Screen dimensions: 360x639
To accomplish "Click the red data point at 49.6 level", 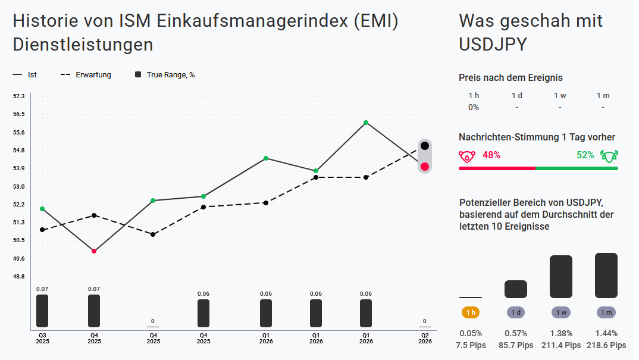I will click(x=94, y=251).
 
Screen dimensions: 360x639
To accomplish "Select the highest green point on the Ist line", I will click(x=366, y=123).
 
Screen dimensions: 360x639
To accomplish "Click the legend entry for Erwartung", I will click(x=86, y=75).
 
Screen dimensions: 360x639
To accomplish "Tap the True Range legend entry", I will click(x=165, y=75).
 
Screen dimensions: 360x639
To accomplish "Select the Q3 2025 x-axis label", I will click(x=42, y=339).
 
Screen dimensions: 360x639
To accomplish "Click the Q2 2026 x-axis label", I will click(x=425, y=339).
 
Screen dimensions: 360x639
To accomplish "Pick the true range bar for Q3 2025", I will click(x=42, y=311).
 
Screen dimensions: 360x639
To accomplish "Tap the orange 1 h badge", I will click(x=471, y=312).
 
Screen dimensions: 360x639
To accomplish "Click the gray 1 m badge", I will click(x=606, y=312).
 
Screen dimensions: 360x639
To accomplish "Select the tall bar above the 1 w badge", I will click(x=560, y=277).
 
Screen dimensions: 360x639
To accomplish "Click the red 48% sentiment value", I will click(x=491, y=155).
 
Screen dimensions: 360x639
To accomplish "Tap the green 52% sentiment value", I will click(x=585, y=155).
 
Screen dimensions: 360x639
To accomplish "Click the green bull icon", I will click(x=609, y=156).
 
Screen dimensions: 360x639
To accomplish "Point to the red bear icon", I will click(x=467, y=156).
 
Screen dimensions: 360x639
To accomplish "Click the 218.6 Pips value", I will click(x=606, y=345).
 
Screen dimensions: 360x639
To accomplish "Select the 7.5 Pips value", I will click(x=471, y=345).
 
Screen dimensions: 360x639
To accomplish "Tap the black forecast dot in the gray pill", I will click(x=425, y=146).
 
